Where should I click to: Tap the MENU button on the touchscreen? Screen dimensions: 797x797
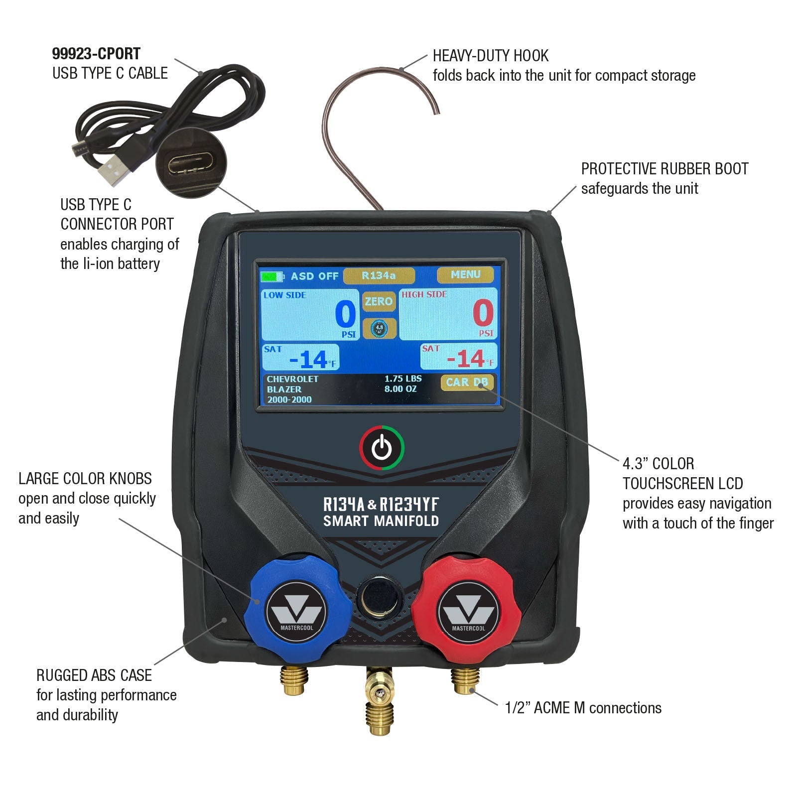465,275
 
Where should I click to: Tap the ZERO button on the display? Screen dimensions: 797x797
379,301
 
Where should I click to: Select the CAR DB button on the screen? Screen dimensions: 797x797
467,383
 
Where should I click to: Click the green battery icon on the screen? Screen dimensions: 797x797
272,276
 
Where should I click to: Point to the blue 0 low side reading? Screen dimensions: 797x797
345,314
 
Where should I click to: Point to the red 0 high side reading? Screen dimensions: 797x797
483,313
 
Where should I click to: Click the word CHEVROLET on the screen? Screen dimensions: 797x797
292,379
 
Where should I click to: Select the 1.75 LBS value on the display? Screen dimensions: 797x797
403,379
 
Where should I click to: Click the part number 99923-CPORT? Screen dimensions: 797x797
96,54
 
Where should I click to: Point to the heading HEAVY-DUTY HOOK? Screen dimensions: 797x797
491,56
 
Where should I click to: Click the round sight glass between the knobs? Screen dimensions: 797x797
379,595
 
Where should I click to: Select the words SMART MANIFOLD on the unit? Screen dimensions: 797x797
381,521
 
